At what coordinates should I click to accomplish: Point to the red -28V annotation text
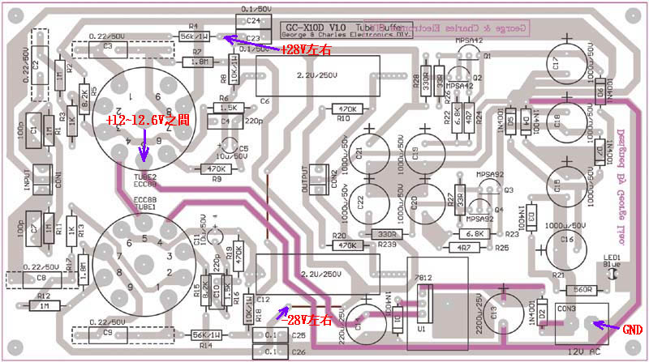coord(309,320)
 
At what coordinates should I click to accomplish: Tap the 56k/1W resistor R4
coord(194,36)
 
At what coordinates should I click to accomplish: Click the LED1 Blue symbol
coord(612,275)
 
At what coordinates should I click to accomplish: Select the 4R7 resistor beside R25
coord(463,247)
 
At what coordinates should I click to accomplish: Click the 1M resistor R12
coord(43,306)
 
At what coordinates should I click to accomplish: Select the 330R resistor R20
coord(386,234)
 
